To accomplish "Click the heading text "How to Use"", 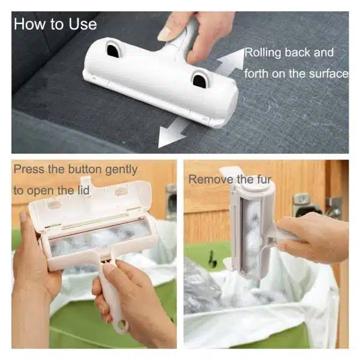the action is click(55, 24).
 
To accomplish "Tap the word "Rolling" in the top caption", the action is click(262, 53).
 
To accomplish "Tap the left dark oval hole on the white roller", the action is click(113, 51).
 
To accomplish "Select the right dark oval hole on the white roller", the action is click(199, 80).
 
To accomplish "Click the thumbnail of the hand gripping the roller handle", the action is click(166, 34).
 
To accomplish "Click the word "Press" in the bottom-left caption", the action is click(29, 169).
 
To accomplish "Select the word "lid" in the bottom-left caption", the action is click(83, 190).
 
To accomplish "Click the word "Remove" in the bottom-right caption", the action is click(211, 179).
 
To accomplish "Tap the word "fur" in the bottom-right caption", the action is click(264, 179).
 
